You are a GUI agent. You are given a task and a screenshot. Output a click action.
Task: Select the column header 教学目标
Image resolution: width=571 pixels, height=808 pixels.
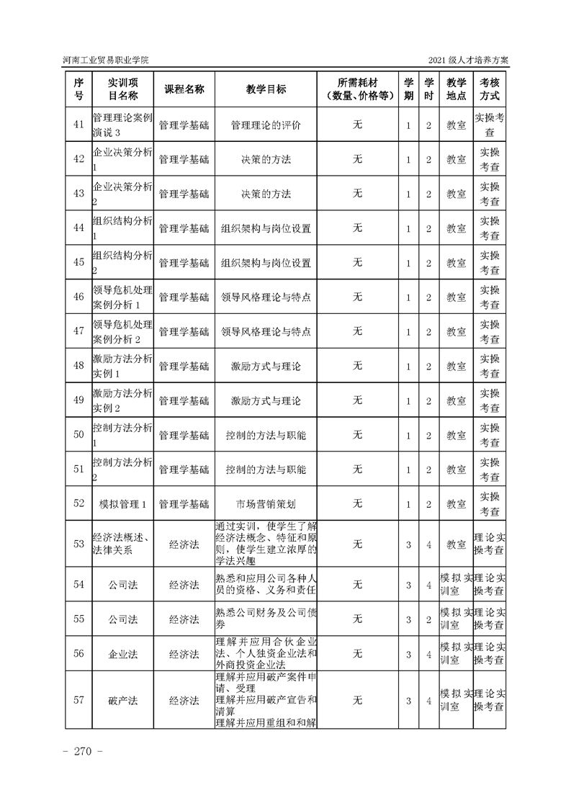266,89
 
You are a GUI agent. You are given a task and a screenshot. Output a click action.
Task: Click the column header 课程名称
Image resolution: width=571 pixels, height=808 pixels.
184,89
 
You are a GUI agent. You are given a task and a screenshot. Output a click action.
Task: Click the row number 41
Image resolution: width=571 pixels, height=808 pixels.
79,125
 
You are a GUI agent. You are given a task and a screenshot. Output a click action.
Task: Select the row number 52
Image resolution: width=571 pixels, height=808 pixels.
79,503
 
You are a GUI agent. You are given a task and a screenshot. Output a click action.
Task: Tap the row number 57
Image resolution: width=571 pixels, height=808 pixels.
79,699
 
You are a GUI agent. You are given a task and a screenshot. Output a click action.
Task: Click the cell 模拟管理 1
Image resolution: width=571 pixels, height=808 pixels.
122,503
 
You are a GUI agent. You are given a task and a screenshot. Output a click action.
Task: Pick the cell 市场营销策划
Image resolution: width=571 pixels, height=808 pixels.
266,503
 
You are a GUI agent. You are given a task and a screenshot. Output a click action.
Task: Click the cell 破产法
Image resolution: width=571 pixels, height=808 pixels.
122,699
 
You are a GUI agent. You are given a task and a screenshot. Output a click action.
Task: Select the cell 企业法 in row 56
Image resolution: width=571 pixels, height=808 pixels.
122,654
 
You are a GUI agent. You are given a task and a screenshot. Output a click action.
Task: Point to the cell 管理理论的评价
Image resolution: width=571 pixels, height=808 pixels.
266,125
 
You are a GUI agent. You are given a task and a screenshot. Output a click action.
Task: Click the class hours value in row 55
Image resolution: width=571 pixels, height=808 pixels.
428,619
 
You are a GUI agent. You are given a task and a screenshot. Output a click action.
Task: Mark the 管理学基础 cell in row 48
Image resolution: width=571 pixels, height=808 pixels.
184,366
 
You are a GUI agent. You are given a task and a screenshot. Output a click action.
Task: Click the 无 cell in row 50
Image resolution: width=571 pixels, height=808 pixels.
357,435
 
